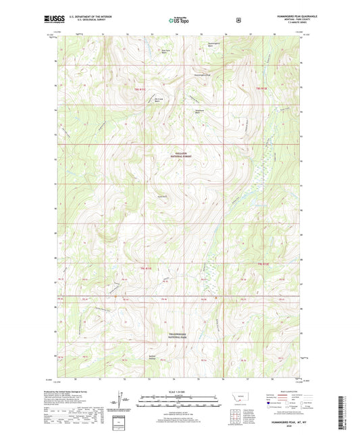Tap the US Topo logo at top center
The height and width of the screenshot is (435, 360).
(x=179, y=21)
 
